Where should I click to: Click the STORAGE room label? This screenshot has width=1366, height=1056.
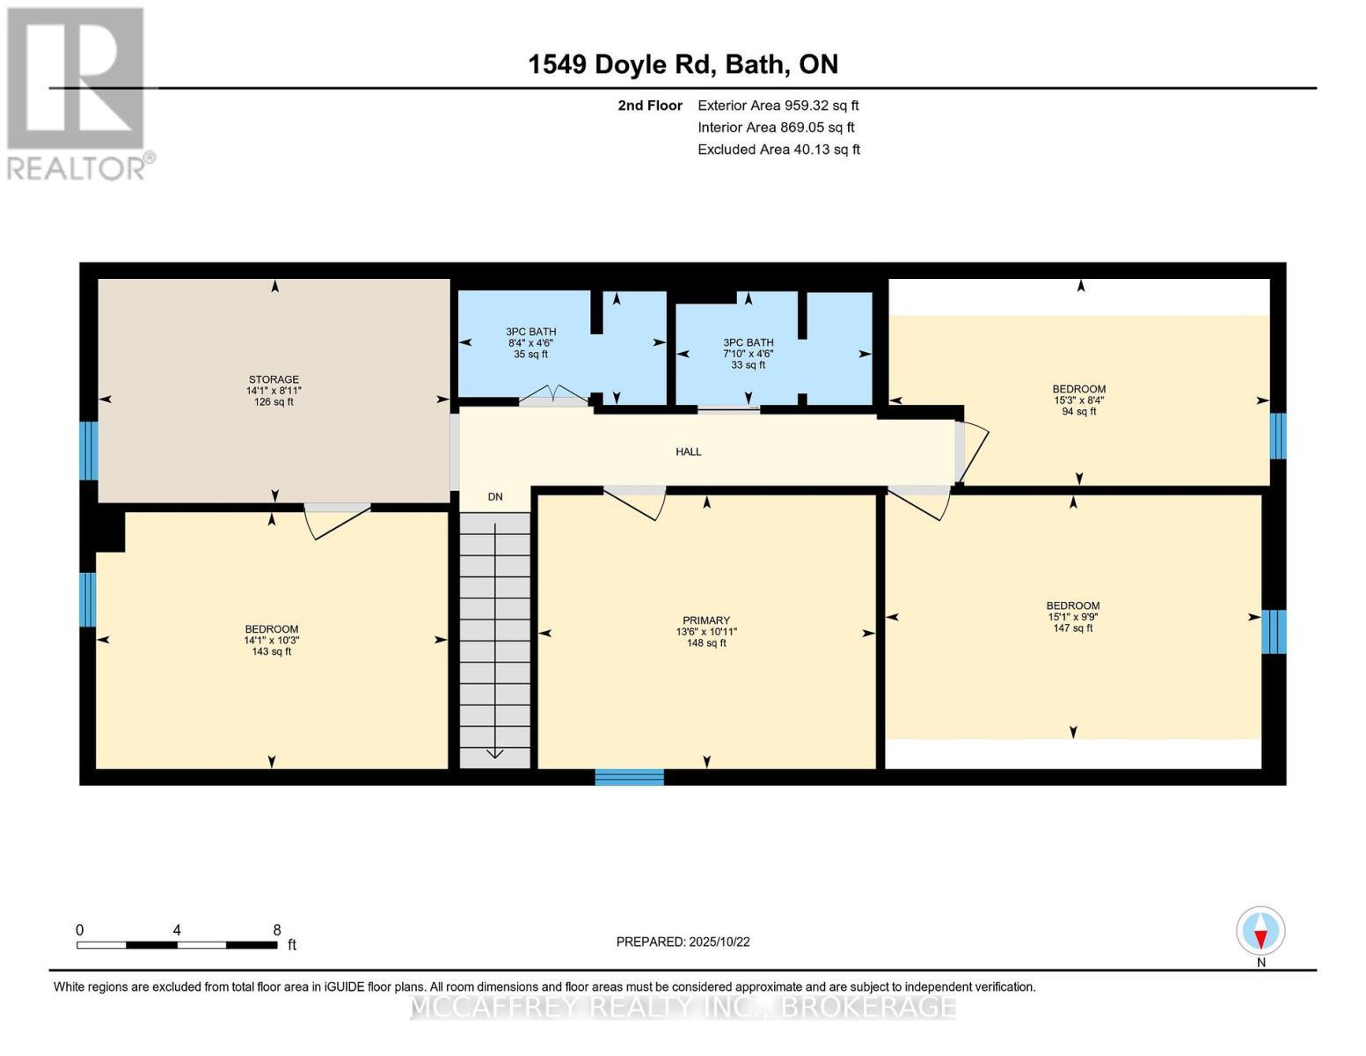click(x=273, y=379)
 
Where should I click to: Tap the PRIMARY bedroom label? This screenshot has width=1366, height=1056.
click(x=705, y=620)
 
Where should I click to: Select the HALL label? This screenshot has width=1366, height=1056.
click(x=688, y=451)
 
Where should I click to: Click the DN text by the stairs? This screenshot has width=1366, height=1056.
click(x=495, y=496)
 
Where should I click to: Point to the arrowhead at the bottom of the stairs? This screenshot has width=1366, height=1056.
click(x=494, y=752)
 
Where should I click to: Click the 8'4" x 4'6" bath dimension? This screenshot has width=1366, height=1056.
click(x=530, y=343)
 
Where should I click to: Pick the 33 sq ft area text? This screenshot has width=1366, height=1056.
click(x=748, y=364)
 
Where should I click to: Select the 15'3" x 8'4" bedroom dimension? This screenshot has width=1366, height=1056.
click(x=1078, y=400)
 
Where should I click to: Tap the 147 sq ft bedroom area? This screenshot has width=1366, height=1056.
click(x=1072, y=628)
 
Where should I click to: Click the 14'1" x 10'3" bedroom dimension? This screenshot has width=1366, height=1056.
click(x=271, y=641)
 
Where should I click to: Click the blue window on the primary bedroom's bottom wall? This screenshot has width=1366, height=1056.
click(x=629, y=776)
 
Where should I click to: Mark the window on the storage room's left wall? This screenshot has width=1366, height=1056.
click(x=88, y=451)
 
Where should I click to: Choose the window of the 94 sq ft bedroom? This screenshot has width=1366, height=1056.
click(x=1277, y=436)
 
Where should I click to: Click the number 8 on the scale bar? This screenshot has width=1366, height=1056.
click(x=277, y=930)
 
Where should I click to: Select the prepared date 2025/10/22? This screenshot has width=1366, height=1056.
click(x=683, y=942)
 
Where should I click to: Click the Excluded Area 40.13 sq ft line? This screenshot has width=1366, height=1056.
click(x=778, y=150)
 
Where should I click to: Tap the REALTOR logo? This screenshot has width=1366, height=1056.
click(x=77, y=93)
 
